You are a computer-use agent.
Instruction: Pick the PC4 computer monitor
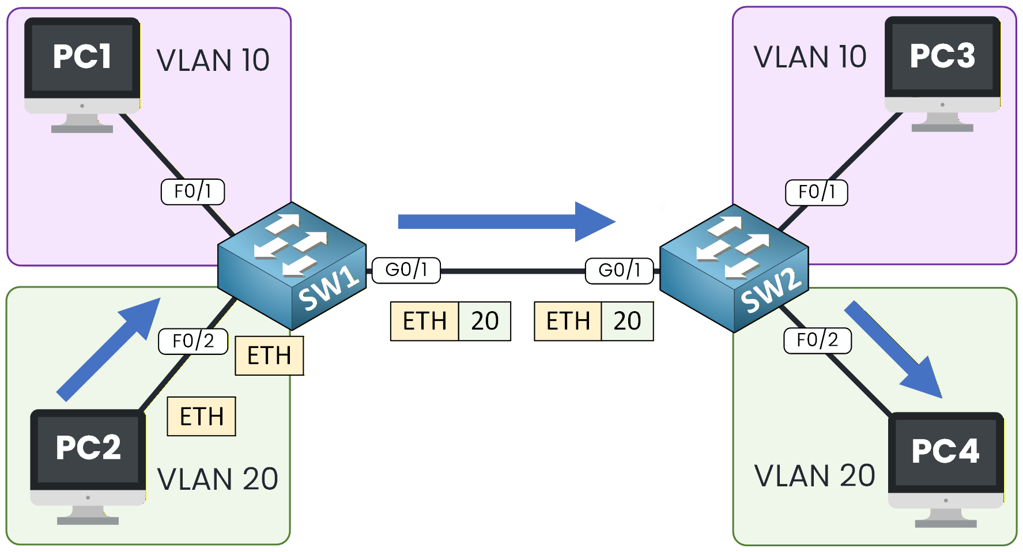click(x=946, y=461)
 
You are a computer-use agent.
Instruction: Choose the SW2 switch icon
click(x=734, y=268)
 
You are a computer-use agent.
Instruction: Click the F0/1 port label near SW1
click(x=192, y=191)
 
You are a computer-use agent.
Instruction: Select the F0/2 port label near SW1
click(x=193, y=341)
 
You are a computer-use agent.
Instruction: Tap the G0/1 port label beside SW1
click(x=406, y=270)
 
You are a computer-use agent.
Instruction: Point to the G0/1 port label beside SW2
click(x=620, y=270)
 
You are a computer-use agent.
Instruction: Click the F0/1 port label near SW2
click(x=817, y=192)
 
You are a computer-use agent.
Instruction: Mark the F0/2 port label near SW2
click(x=817, y=341)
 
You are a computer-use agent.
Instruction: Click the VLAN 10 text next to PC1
click(x=213, y=61)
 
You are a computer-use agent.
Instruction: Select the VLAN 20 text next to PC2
click(x=218, y=479)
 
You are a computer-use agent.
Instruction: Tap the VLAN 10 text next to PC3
click(x=810, y=57)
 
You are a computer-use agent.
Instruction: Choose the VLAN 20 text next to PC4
click(x=814, y=476)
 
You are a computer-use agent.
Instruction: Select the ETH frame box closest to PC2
click(x=201, y=416)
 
